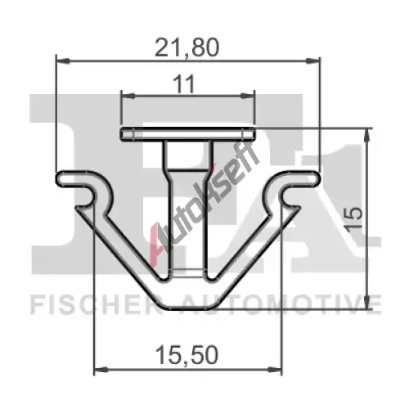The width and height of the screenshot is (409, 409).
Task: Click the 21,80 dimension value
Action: pyautogui.click(x=187, y=47)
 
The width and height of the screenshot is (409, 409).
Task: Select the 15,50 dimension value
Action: pyautogui.click(x=187, y=355)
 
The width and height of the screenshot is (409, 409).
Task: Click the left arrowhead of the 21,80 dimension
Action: pyautogui.click(x=62, y=61)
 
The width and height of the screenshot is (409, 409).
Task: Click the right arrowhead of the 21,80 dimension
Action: pyautogui.click(x=312, y=61)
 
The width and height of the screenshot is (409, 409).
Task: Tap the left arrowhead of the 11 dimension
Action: pyautogui.click(x=128, y=96)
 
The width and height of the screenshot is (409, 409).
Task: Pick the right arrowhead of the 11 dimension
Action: pyautogui.click(x=247, y=96)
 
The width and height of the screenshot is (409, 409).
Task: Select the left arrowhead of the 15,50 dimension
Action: pyautogui.click(x=101, y=370)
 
